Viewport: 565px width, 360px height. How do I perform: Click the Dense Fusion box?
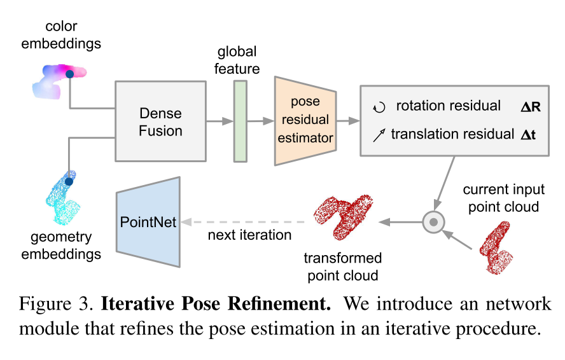160,121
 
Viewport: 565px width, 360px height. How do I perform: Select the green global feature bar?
240,121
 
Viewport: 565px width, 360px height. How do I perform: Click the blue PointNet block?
148,222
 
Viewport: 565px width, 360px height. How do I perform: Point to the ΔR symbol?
530,106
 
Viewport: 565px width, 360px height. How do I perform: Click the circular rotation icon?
379,107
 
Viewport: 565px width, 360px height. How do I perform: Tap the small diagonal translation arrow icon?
379,134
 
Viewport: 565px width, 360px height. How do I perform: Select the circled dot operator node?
433,222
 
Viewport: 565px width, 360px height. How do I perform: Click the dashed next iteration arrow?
245,222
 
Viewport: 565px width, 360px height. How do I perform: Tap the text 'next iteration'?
249,235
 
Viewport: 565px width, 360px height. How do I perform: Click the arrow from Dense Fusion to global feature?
220,121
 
